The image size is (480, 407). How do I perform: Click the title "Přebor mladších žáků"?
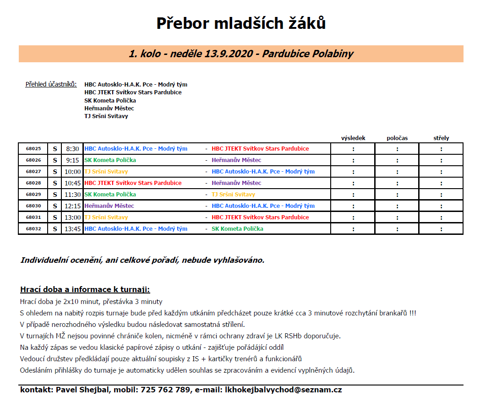(x=241, y=23)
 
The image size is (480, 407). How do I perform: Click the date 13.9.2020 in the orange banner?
(x=230, y=54)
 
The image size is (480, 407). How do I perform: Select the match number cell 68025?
(x=33, y=149)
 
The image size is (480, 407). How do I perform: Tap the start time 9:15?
(x=72, y=160)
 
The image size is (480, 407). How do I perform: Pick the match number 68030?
(x=33, y=206)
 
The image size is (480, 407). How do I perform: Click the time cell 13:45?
(x=72, y=229)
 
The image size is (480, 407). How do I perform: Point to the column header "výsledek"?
(x=353, y=138)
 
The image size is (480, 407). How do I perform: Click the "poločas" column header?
(x=397, y=138)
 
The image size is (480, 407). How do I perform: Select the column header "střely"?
(x=441, y=138)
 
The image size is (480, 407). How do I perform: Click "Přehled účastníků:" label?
(x=51, y=85)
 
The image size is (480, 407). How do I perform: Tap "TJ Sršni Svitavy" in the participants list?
(x=106, y=116)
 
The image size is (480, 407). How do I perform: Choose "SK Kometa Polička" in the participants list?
(x=110, y=101)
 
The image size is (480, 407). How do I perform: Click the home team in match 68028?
(x=133, y=183)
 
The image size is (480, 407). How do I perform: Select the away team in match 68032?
(x=237, y=229)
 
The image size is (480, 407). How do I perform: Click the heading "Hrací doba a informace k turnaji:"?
(x=85, y=290)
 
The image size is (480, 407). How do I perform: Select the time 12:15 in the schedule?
(x=72, y=206)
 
